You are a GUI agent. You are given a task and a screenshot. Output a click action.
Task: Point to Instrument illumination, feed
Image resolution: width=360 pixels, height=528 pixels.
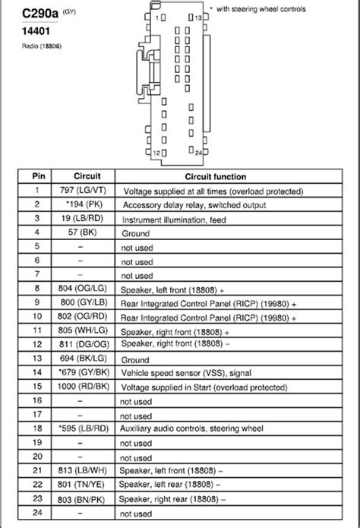pyautogui.click(x=178, y=220)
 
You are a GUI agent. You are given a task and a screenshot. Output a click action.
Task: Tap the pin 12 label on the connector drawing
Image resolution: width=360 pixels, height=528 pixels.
pyautogui.click(x=156, y=153)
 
